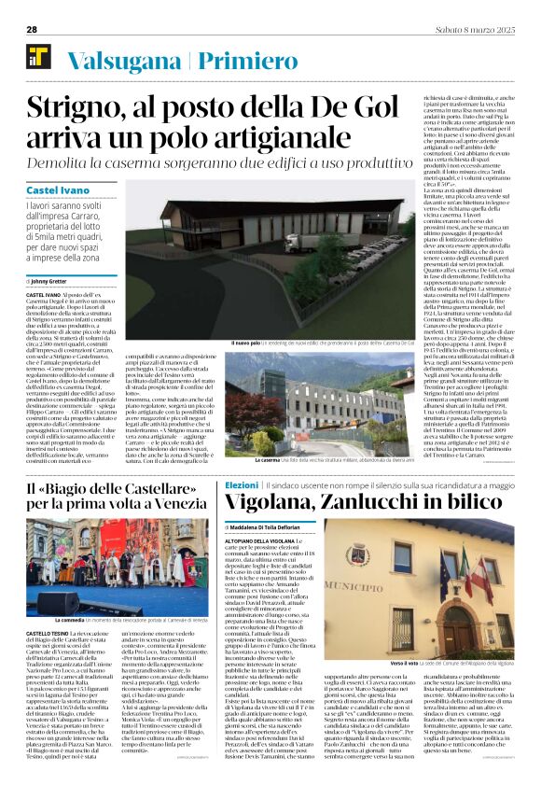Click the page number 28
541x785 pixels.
coord(31,29)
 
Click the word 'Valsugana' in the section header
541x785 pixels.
coord(125,61)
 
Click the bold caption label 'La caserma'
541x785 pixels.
coord(243,461)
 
